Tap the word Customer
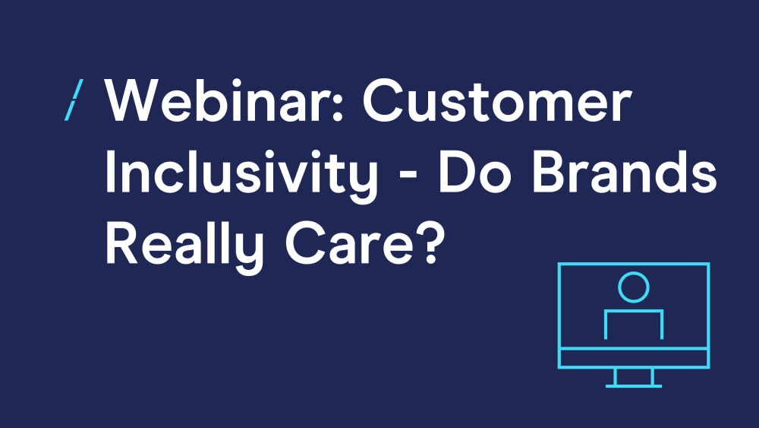click(497, 100)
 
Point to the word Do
click(474, 172)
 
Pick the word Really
click(184, 246)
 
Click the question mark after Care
click(429, 243)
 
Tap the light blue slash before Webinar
click(74, 100)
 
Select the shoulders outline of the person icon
click(634, 311)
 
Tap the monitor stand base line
click(634, 386)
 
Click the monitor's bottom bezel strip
click(634, 358)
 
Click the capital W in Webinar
click(134, 100)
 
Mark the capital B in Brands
click(549, 172)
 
